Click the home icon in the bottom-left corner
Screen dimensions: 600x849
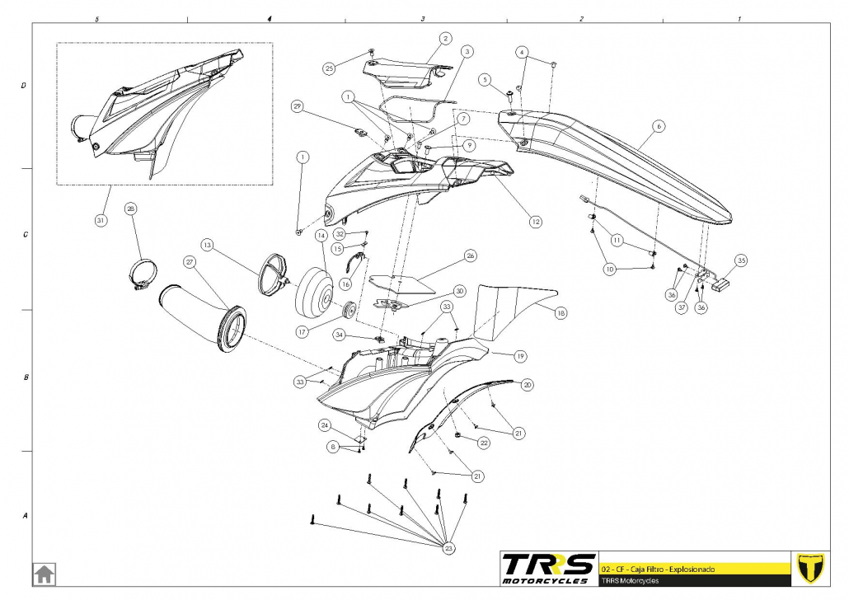coord(44,573)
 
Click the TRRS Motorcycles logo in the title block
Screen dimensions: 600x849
coord(549,567)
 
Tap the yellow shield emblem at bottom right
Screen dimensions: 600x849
coord(812,567)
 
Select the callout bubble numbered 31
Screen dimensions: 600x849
coord(101,221)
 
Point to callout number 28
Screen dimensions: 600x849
coord(131,209)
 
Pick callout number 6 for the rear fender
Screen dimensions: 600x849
coord(659,126)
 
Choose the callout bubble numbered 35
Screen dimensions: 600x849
coord(741,260)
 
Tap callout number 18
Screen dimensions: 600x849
coord(561,313)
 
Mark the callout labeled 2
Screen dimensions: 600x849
coord(445,38)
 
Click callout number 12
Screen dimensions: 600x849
coord(536,221)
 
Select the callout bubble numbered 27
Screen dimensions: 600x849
coord(190,263)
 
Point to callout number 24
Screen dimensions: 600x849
coord(325,425)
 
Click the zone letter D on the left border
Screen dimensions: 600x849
coord(25,86)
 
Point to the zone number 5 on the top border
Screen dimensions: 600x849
coord(97,18)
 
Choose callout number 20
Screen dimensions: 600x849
coord(528,384)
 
